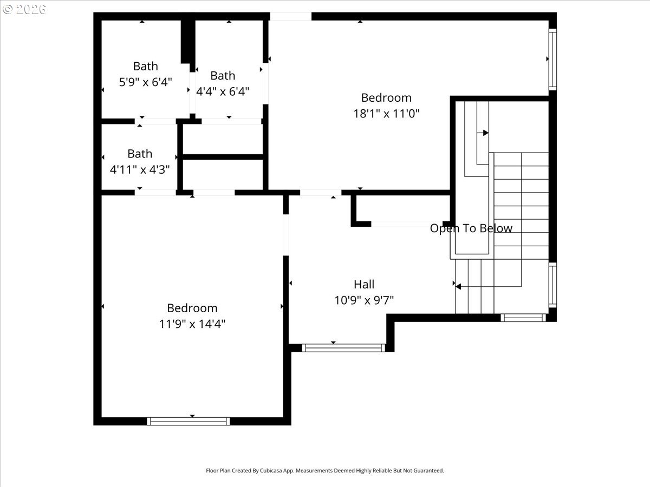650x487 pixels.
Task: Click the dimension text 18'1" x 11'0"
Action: (x=386, y=114)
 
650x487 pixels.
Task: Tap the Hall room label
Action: (x=364, y=285)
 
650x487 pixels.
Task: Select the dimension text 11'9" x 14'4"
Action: (x=192, y=324)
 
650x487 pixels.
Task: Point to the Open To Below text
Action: (x=471, y=228)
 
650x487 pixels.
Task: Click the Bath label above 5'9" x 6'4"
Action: (x=145, y=66)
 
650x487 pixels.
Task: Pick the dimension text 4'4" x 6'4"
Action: (x=223, y=91)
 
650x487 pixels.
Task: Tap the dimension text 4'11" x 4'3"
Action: (x=140, y=170)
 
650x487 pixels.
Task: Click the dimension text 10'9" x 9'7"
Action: (x=364, y=300)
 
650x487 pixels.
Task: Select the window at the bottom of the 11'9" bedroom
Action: (x=188, y=421)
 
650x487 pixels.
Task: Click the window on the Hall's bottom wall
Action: (x=343, y=348)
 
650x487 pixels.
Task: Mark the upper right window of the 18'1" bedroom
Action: (x=552, y=60)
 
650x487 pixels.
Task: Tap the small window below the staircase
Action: (x=523, y=318)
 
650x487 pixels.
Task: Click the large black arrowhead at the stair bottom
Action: (x=458, y=287)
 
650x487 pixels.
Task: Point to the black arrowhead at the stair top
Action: (x=486, y=133)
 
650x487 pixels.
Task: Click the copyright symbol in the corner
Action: (x=8, y=9)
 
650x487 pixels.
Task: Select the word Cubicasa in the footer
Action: (x=271, y=470)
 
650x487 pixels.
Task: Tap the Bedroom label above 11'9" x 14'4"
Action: (x=192, y=308)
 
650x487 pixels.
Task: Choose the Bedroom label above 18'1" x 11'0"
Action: (x=386, y=97)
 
